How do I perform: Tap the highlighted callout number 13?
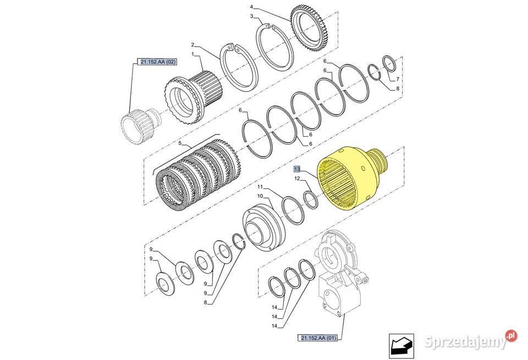click(x=297, y=169)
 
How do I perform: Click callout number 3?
click(x=251, y=17)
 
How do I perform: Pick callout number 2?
click(x=193, y=44)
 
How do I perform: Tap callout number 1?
click(x=193, y=54)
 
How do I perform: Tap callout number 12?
click(x=296, y=179)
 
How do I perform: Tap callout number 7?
click(x=397, y=79)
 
